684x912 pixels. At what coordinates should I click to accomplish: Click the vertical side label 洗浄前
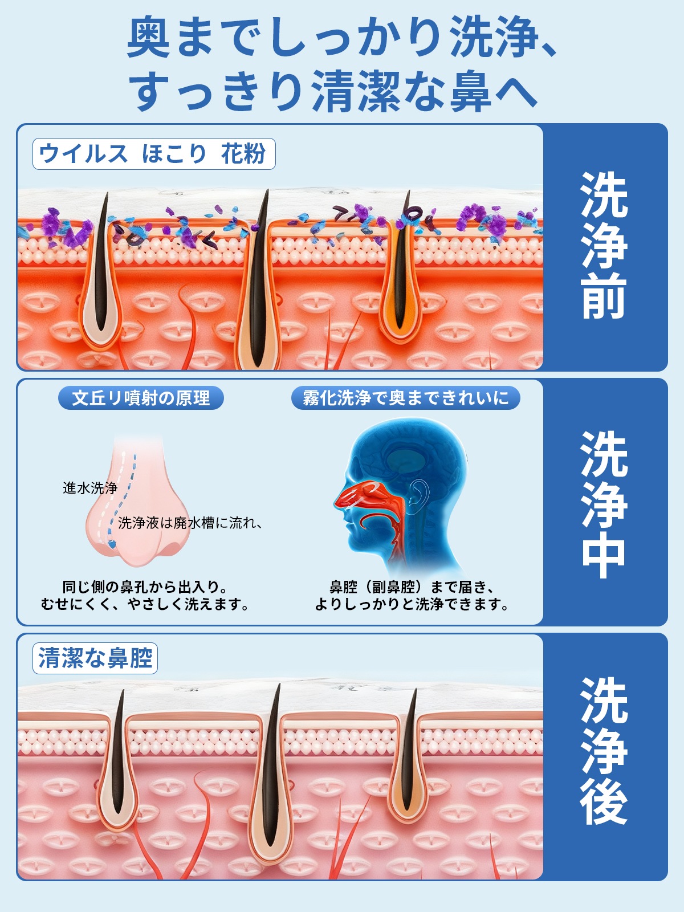(x=605, y=246)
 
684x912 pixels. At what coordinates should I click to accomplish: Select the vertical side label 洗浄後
(x=605, y=756)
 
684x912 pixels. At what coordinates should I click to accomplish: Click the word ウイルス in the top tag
(x=83, y=154)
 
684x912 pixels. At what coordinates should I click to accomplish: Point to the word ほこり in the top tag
(x=174, y=154)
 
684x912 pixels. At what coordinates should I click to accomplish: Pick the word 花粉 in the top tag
(x=243, y=154)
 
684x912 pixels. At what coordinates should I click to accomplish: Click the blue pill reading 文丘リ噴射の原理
(x=141, y=398)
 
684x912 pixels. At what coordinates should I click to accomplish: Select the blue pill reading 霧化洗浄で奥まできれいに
(x=405, y=398)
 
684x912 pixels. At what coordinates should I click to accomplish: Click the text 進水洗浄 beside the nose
(x=90, y=488)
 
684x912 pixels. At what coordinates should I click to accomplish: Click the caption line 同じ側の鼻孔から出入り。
(x=145, y=587)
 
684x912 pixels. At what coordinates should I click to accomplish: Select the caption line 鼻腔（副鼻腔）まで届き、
(x=412, y=587)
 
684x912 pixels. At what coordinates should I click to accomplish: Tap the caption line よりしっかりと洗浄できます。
(x=412, y=604)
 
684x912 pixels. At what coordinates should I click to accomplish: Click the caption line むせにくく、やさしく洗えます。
(x=145, y=604)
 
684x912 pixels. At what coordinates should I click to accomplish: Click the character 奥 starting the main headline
(x=148, y=36)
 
